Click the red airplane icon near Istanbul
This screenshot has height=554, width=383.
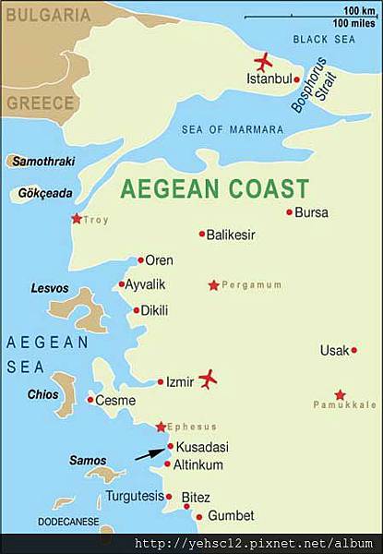tap(263, 62)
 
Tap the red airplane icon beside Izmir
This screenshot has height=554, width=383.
tap(209, 379)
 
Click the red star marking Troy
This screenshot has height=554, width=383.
tap(76, 219)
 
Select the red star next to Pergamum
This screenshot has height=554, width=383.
tap(214, 285)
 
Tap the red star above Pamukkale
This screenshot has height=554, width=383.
tap(341, 394)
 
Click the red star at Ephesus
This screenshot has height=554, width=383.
tap(161, 427)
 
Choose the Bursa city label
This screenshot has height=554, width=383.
tap(314, 212)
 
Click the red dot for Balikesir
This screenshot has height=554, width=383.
tap(202, 235)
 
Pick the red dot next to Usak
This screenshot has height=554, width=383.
tap(354, 350)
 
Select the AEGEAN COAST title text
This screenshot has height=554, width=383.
tap(214, 188)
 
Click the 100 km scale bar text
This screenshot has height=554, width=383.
tap(358, 10)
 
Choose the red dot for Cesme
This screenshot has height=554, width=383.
tap(90, 400)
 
